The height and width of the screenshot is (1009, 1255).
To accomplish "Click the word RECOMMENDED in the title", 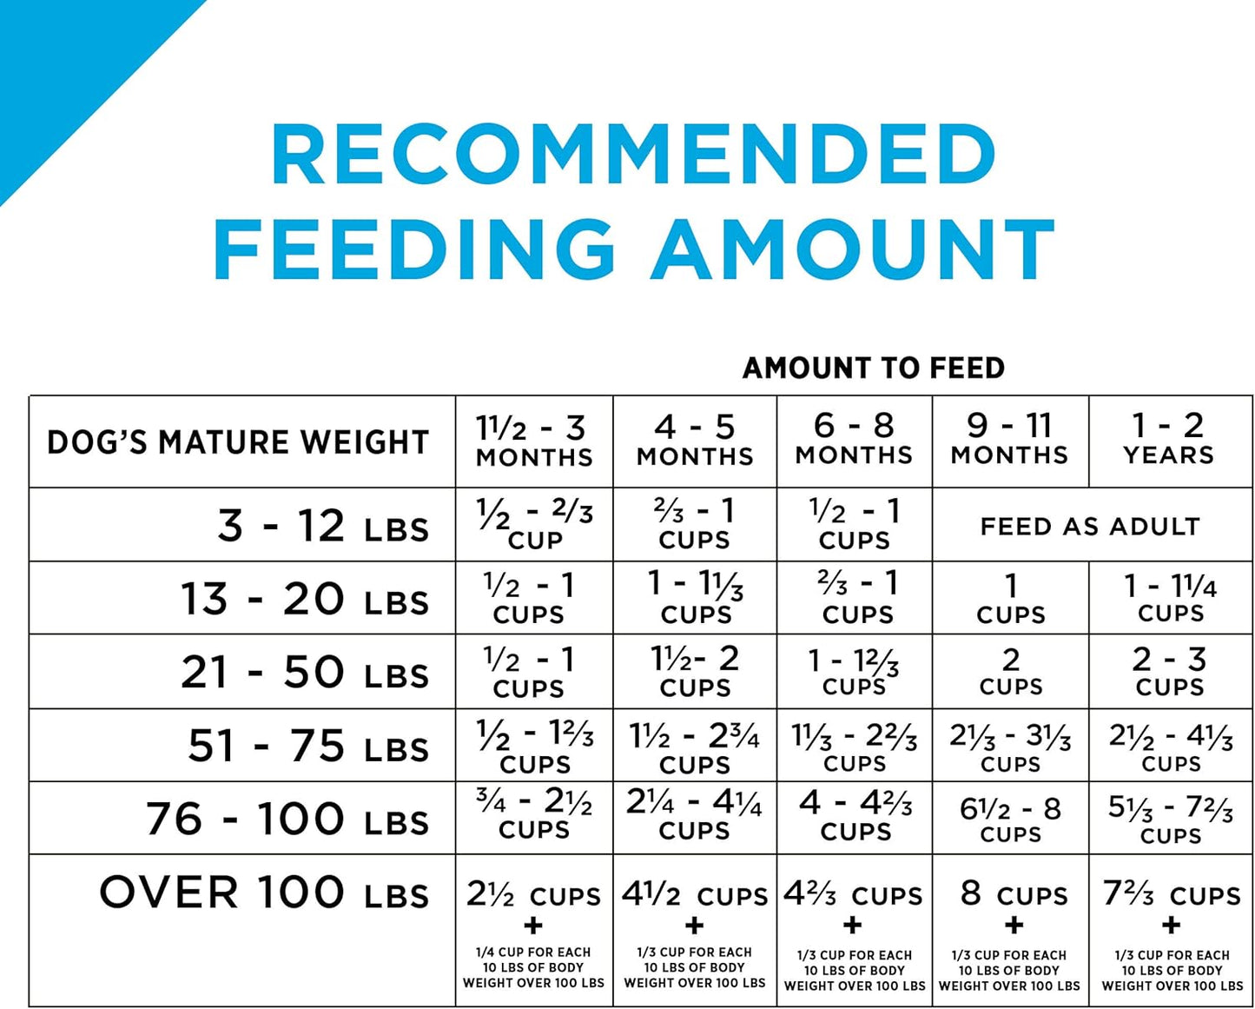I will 634,155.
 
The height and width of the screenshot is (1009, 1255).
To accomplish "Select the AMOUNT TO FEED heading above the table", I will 873,368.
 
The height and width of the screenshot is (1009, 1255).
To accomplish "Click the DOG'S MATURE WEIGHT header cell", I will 239,442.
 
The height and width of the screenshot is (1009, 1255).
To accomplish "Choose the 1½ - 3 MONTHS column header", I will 533,441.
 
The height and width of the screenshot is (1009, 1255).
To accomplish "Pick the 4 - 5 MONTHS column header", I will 695,441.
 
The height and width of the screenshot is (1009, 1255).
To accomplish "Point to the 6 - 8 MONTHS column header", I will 854,440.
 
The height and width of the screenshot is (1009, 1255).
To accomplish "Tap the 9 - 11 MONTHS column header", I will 1009,440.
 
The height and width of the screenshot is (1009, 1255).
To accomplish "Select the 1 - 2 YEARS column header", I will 1169,440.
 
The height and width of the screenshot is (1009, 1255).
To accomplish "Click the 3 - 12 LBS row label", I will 323,527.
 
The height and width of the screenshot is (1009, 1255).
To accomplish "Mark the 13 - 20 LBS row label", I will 305,600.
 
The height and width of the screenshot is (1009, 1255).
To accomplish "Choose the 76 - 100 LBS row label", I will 287,820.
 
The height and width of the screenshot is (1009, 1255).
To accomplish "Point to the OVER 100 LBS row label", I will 264,893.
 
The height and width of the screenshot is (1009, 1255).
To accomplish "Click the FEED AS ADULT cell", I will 1090,527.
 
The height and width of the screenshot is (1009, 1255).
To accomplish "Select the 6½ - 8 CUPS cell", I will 1010,820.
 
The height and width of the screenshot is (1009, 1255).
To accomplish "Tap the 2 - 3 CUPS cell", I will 1170,672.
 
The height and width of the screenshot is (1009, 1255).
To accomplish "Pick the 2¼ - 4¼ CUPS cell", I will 694,815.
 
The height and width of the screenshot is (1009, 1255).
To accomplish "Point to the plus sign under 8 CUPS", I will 1013,926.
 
